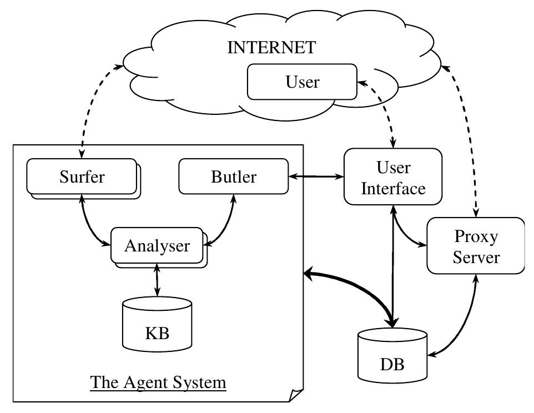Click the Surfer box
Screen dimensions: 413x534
click(82, 177)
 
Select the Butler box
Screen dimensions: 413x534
click(234, 177)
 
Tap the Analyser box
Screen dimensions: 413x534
click(157, 245)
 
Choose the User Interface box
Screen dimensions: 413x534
click(393, 178)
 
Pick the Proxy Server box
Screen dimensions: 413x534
click(476, 246)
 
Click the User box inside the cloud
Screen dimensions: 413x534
click(302, 82)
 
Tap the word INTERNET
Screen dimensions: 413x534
click(271, 48)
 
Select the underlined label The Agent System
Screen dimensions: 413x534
click(158, 383)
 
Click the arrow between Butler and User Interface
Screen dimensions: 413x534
click(316, 177)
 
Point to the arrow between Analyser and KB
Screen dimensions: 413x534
click(158, 280)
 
